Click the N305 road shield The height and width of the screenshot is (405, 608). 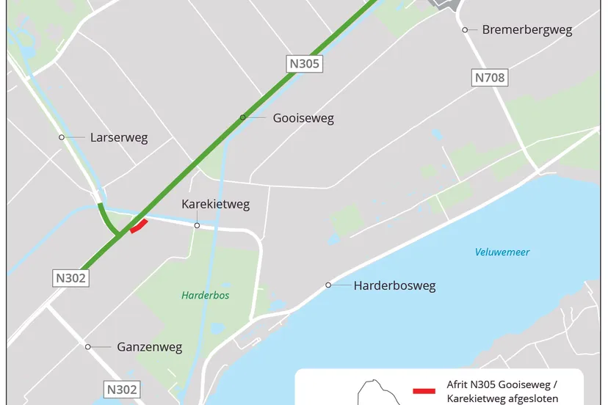coord(305,64)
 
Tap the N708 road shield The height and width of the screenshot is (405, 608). coord(490,78)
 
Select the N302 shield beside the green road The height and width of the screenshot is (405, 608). coord(71,278)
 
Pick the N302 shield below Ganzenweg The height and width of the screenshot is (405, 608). coord(121,390)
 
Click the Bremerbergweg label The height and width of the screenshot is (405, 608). coord(526,30)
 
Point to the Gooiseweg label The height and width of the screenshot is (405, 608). coord(303,118)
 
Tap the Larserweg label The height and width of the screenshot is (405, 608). coord(118,137)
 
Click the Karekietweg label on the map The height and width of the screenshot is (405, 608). coord(215,205)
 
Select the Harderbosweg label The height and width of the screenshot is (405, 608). coord(394,285)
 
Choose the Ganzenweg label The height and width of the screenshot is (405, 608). coord(149,347)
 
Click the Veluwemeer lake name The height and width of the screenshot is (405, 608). coord(502,252)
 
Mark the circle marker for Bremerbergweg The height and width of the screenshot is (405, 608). coord(465,30)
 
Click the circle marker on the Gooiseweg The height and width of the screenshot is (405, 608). coord(242,117)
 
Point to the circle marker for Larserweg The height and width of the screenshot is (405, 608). coord(62,137)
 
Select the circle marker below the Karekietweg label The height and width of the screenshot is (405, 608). coord(197,226)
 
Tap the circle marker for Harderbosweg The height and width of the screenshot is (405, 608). coord(329,285)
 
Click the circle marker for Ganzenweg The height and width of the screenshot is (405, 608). coord(87,347)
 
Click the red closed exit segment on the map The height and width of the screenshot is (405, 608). coord(139,226)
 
